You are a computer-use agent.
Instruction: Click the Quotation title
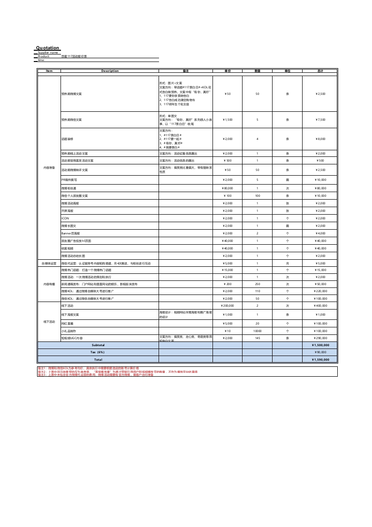(x=48, y=48)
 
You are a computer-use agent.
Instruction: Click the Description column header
(x=110, y=71)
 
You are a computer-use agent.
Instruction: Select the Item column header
(x=49, y=71)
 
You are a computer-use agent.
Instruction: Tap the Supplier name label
(x=48, y=53)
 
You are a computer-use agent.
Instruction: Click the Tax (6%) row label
(x=98, y=352)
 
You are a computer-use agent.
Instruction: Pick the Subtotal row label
(x=98, y=345)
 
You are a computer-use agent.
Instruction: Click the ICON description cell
(x=65, y=218)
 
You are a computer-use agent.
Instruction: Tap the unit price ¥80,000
(x=228, y=188)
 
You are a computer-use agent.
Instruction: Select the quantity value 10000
(x=257, y=331)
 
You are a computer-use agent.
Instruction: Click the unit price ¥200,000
(x=228, y=306)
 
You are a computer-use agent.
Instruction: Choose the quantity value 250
(x=257, y=284)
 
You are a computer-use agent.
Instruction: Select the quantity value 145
(x=257, y=338)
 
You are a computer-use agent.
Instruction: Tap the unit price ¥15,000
(x=228, y=270)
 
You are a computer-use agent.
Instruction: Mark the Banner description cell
(x=70, y=233)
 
